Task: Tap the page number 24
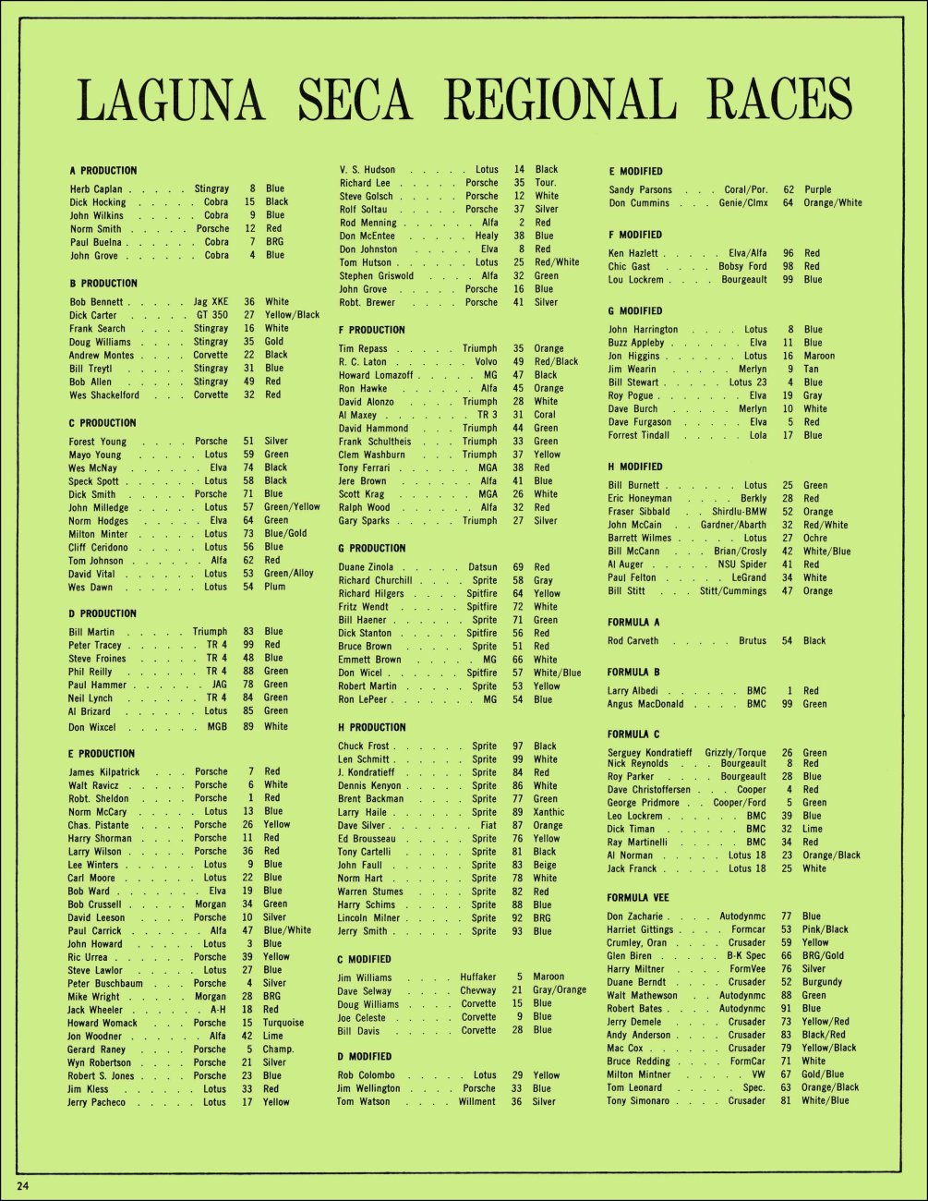(x=21, y=1186)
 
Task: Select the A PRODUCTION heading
(x=102, y=171)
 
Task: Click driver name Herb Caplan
(x=96, y=188)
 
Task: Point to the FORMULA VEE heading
(x=638, y=898)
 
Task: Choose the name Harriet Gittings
(x=640, y=929)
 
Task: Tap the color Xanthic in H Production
(x=548, y=812)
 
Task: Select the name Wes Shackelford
(x=103, y=395)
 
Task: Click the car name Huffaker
(x=477, y=977)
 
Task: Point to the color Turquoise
(x=283, y=1023)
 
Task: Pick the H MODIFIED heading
(x=635, y=467)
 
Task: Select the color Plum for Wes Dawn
(x=274, y=587)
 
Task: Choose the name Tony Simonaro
(x=637, y=1101)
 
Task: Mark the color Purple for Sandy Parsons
(x=817, y=189)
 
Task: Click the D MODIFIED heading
(x=365, y=1057)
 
